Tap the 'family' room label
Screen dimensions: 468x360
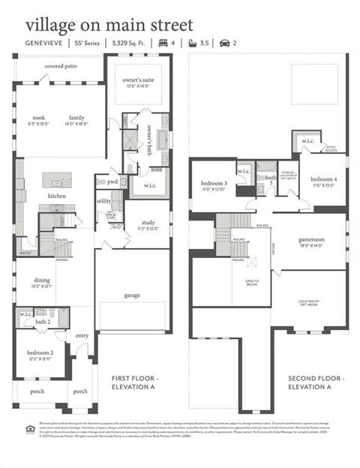point(76,118)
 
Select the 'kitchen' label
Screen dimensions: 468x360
point(57,196)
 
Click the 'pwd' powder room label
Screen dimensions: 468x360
point(112,181)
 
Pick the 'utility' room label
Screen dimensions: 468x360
point(103,200)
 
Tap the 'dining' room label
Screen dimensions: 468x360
point(41,280)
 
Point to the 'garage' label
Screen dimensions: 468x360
point(132,295)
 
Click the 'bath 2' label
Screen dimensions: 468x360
point(43,322)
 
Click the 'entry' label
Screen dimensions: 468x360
point(82,335)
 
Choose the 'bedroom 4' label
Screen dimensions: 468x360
point(324,179)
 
